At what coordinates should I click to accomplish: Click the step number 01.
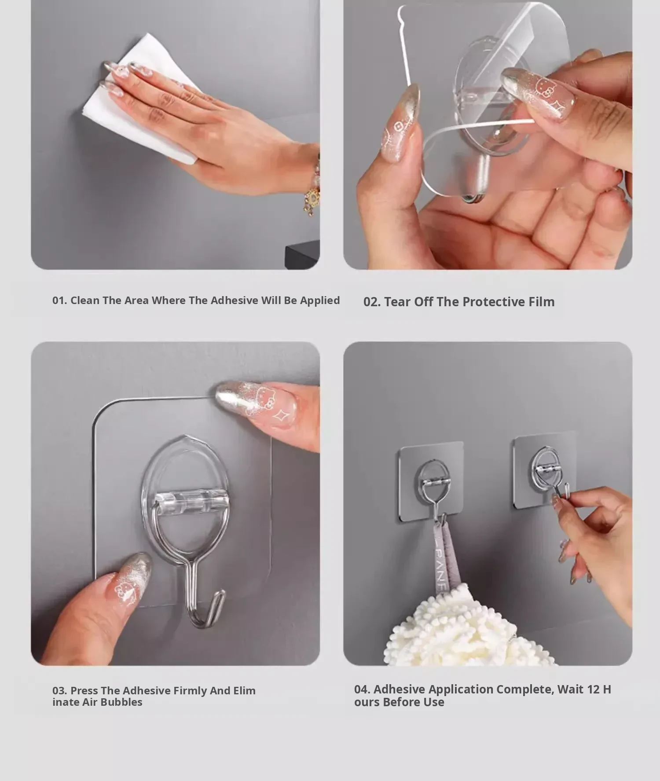click(59, 301)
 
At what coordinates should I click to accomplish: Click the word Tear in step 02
click(398, 302)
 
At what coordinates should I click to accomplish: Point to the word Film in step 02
click(541, 302)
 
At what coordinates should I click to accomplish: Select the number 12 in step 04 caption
click(593, 689)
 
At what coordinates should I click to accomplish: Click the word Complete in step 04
click(524, 690)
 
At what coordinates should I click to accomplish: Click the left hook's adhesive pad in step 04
click(431, 481)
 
